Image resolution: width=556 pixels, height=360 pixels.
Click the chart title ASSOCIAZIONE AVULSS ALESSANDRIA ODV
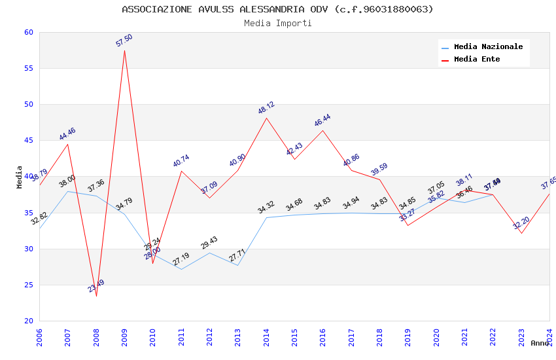pyautogui.click(x=277, y=9)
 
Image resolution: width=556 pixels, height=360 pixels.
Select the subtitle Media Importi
pyautogui.click(x=277, y=23)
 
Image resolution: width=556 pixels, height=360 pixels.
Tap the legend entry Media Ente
pyautogui.click(x=477, y=59)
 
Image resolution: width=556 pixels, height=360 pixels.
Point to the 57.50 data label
pyautogui.click(x=124, y=41)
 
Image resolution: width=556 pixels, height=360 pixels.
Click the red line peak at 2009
pyautogui.click(x=124, y=50)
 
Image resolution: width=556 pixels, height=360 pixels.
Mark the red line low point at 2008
pyautogui.click(x=96, y=296)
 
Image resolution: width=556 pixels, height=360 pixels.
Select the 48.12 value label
pyautogui.click(x=266, y=108)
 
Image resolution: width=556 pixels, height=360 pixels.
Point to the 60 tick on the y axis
pyautogui.click(x=28, y=32)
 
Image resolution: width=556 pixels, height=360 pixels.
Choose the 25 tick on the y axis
pyautogui.click(x=28, y=285)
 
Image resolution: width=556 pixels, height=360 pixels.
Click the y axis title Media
pyautogui.click(x=20, y=177)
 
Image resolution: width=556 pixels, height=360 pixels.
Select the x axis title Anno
pyautogui.click(x=540, y=343)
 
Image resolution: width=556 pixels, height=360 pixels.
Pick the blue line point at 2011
pyautogui.click(x=181, y=269)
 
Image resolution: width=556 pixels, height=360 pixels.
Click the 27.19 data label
pyautogui.click(x=181, y=259)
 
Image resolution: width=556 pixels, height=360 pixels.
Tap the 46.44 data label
pyautogui.click(x=322, y=120)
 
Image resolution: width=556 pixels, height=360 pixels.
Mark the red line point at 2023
pyautogui.click(x=521, y=233)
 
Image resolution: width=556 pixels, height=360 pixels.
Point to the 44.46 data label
pyautogui.click(x=67, y=134)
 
